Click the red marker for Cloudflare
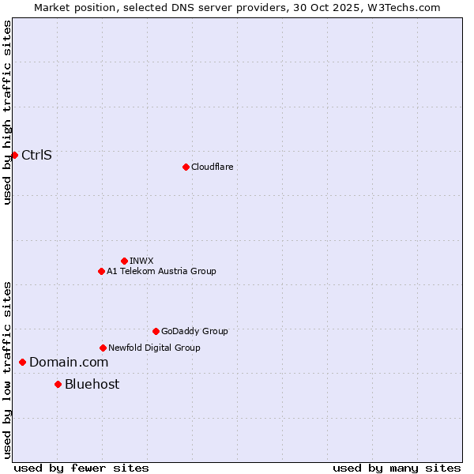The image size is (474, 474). coord(186,167)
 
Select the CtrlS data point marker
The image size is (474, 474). coord(14,155)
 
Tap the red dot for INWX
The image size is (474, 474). coord(124,261)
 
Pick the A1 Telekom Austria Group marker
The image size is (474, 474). coord(101,271)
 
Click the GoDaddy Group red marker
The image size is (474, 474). coord(156,331)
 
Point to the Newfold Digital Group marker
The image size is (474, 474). coord(103,348)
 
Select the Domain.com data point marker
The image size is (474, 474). coord(22,362)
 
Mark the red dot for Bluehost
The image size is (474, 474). coord(58,384)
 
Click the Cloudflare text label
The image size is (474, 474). coord(213,167)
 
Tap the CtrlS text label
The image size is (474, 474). coord(36,155)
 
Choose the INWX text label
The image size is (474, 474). coord(141,261)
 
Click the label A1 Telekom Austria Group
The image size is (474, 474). coord(161,271)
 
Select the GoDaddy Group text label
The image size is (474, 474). coord(194,331)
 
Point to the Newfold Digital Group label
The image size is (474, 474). coord(154,348)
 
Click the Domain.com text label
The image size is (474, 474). coord(69,362)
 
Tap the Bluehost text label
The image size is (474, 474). coord(92,384)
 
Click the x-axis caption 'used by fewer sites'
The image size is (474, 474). coord(81,468)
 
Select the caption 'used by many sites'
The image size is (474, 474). coord(397,468)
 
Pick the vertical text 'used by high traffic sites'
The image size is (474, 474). coord(7,112)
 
